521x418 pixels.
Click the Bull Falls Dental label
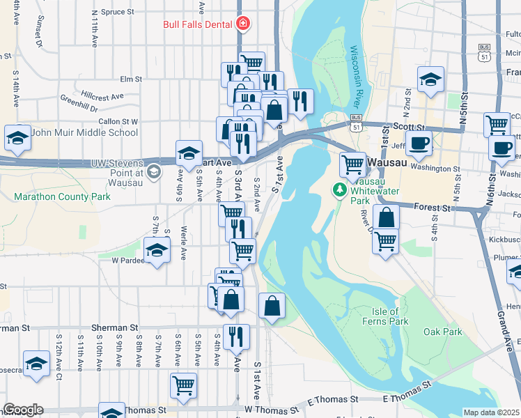point(198,24)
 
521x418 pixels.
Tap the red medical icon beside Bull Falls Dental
point(242,24)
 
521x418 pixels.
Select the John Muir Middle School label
point(85,132)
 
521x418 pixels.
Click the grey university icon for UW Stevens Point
point(153,171)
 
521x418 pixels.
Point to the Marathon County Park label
point(63,197)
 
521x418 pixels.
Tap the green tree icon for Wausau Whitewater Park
point(340,189)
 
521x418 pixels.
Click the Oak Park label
point(442,332)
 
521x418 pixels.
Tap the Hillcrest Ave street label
point(102,96)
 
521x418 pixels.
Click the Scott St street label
point(409,127)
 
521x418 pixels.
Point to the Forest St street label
point(433,207)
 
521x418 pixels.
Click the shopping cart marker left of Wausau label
point(352,164)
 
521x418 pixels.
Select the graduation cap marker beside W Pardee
point(157,250)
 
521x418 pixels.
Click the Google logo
point(23,410)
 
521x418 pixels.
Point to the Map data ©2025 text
point(491,412)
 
